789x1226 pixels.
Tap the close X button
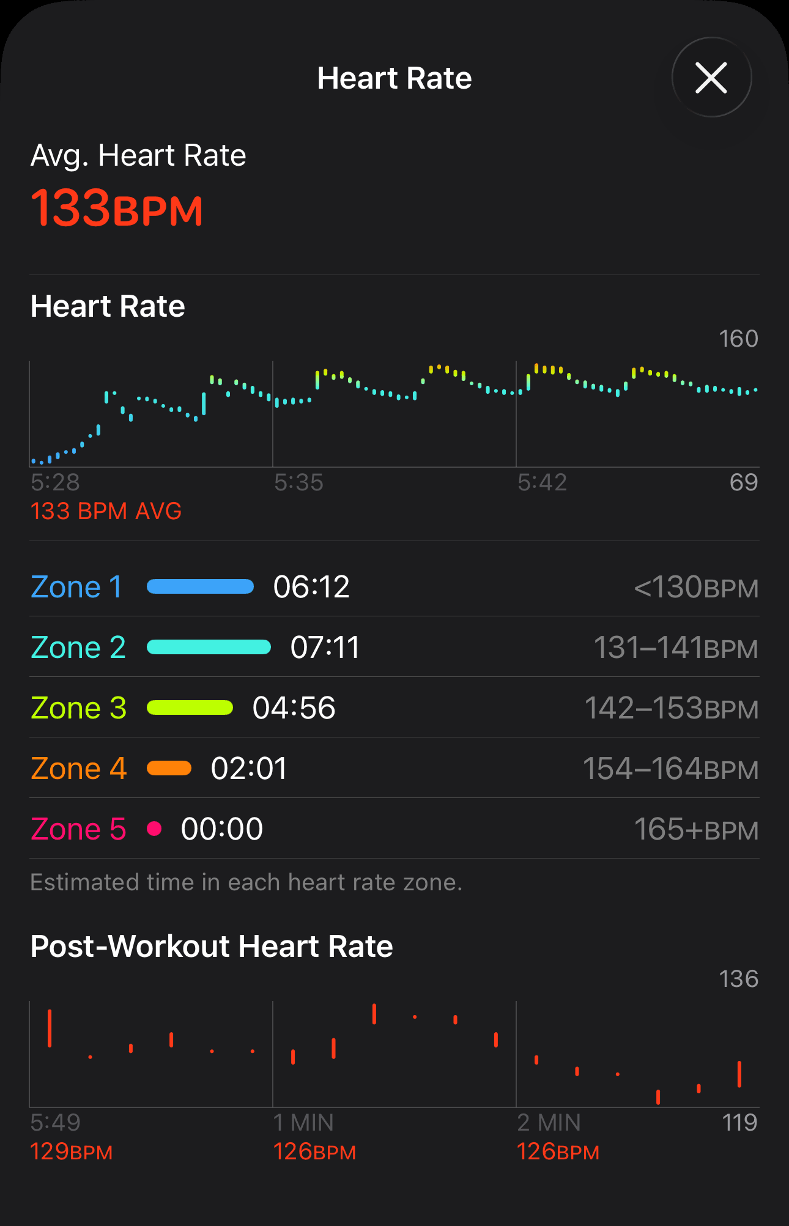[x=711, y=78]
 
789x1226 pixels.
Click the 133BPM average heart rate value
[x=116, y=209]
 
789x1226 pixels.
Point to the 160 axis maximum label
[x=738, y=339]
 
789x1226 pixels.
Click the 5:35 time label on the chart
[x=298, y=482]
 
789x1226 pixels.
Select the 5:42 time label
[x=542, y=482]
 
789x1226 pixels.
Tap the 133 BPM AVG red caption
[x=106, y=511]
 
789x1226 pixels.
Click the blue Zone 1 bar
[x=201, y=587]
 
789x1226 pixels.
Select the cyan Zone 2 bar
[x=209, y=648]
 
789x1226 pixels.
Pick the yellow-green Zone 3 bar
[x=190, y=708]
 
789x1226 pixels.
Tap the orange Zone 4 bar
[x=169, y=769]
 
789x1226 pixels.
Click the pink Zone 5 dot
[x=155, y=829]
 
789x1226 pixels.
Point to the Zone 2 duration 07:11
[x=325, y=648]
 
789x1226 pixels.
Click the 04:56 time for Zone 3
[x=294, y=708]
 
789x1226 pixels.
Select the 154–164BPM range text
[x=670, y=769]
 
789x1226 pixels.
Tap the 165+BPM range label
[x=696, y=829]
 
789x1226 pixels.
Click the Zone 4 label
[x=78, y=769]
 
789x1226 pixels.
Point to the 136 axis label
[x=738, y=979]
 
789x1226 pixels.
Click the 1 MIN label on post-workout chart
[x=303, y=1123]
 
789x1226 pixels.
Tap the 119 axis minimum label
[x=739, y=1123]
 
